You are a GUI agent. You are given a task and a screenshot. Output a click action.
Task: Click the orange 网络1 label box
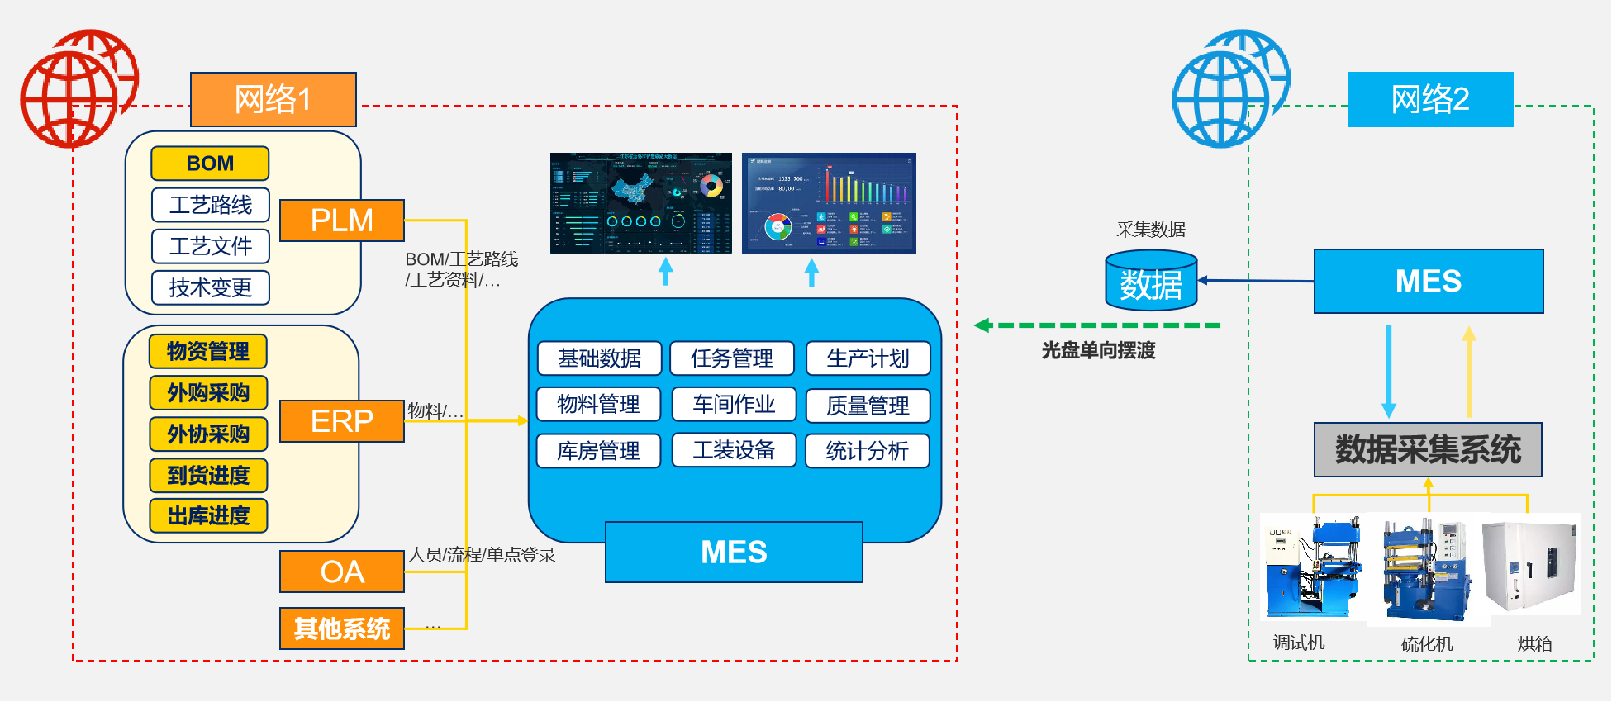point(273,99)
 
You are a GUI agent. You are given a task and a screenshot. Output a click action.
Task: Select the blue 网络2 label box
point(1430,99)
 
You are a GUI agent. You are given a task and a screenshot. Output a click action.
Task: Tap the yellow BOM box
point(210,164)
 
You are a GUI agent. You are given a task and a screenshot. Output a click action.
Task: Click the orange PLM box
point(342,221)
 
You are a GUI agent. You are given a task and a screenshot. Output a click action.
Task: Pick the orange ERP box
point(342,421)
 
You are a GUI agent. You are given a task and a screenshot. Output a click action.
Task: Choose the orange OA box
point(342,572)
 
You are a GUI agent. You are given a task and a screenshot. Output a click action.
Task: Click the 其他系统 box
point(342,628)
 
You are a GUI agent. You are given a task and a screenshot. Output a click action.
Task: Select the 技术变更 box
point(211,287)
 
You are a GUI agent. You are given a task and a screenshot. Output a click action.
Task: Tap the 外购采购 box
point(208,392)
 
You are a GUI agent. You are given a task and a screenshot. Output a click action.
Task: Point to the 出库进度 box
point(208,515)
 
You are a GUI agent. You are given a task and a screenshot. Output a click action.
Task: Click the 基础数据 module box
point(600,358)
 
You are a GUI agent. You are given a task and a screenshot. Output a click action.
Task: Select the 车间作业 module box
point(734,404)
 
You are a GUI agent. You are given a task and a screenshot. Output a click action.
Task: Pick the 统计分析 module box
point(868,451)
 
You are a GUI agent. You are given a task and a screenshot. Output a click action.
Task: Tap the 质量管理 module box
point(868,406)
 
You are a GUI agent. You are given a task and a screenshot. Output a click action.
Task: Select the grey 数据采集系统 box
point(1428,450)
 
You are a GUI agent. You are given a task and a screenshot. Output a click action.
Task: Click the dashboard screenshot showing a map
point(641,203)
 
